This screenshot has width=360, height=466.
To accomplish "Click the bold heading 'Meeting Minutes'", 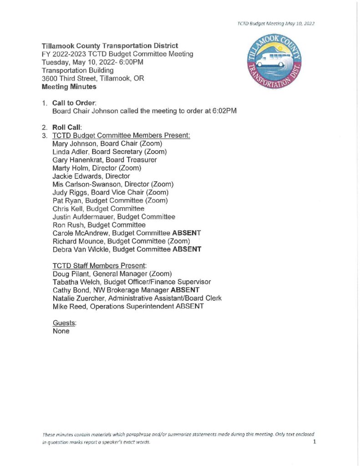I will pos(69,86).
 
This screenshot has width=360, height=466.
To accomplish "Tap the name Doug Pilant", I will pos(70,274).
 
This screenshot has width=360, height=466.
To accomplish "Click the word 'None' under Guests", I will pos(61,331).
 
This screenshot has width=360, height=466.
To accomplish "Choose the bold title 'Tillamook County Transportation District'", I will pos(110,46).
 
